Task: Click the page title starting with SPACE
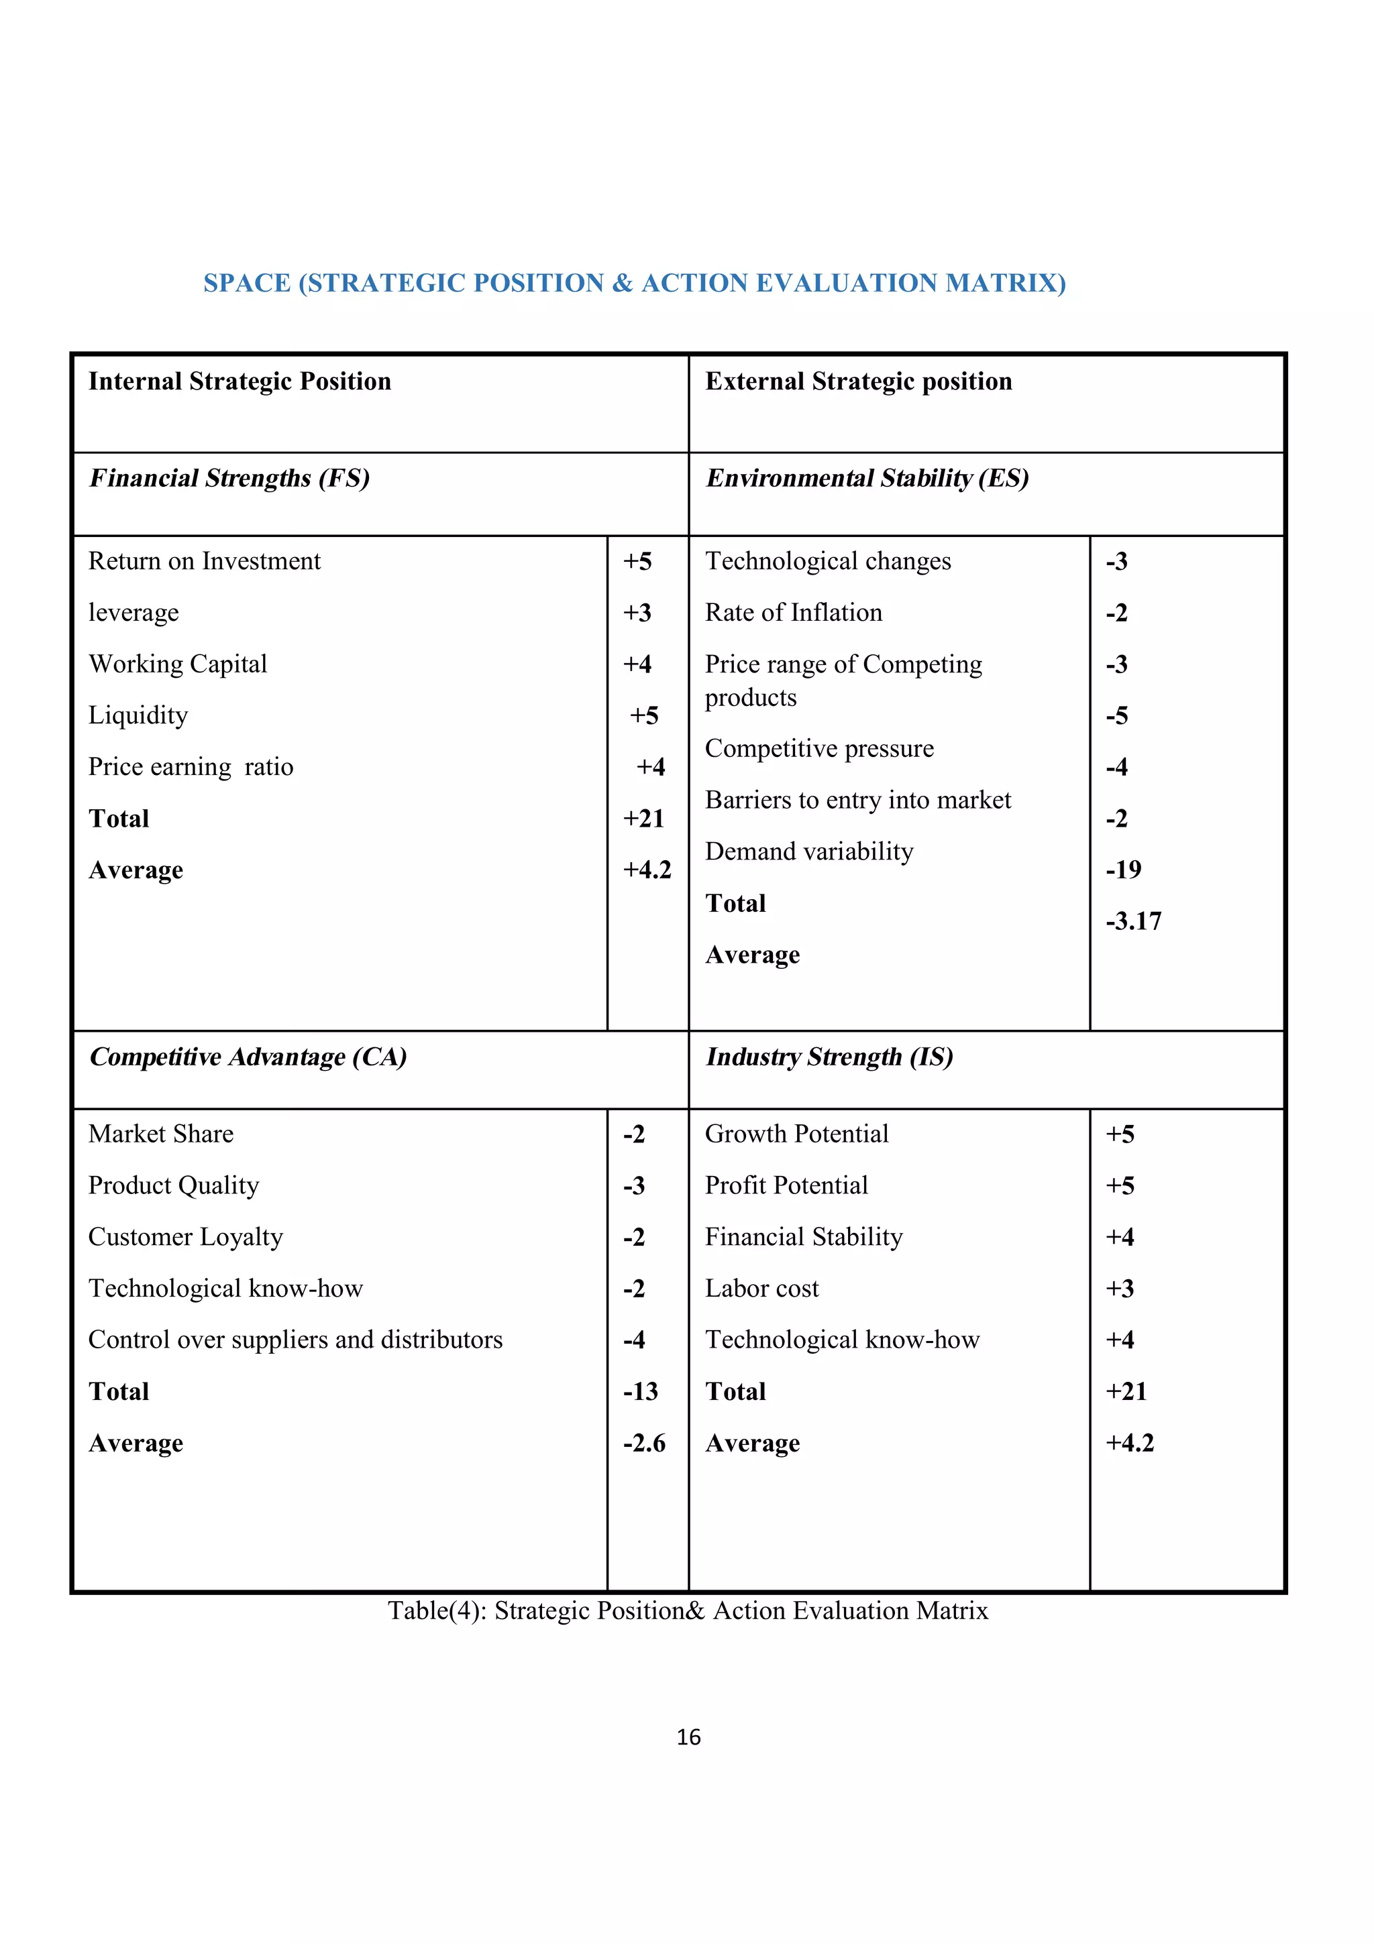coord(634,283)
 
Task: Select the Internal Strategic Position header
coord(240,381)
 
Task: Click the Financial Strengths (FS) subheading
coord(229,479)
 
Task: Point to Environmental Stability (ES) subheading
coord(867,479)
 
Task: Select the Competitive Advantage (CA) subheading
coord(248,1057)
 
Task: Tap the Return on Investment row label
coord(204,561)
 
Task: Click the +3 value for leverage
coord(637,613)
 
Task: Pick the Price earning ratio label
coord(191,767)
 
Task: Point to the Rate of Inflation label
coord(793,613)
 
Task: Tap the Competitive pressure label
coord(818,748)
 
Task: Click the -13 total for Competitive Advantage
coord(640,1391)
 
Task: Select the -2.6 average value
coord(643,1443)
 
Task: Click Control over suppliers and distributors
coord(295,1340)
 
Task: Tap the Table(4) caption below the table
coord(688,1610)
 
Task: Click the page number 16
coord(688,1737)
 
